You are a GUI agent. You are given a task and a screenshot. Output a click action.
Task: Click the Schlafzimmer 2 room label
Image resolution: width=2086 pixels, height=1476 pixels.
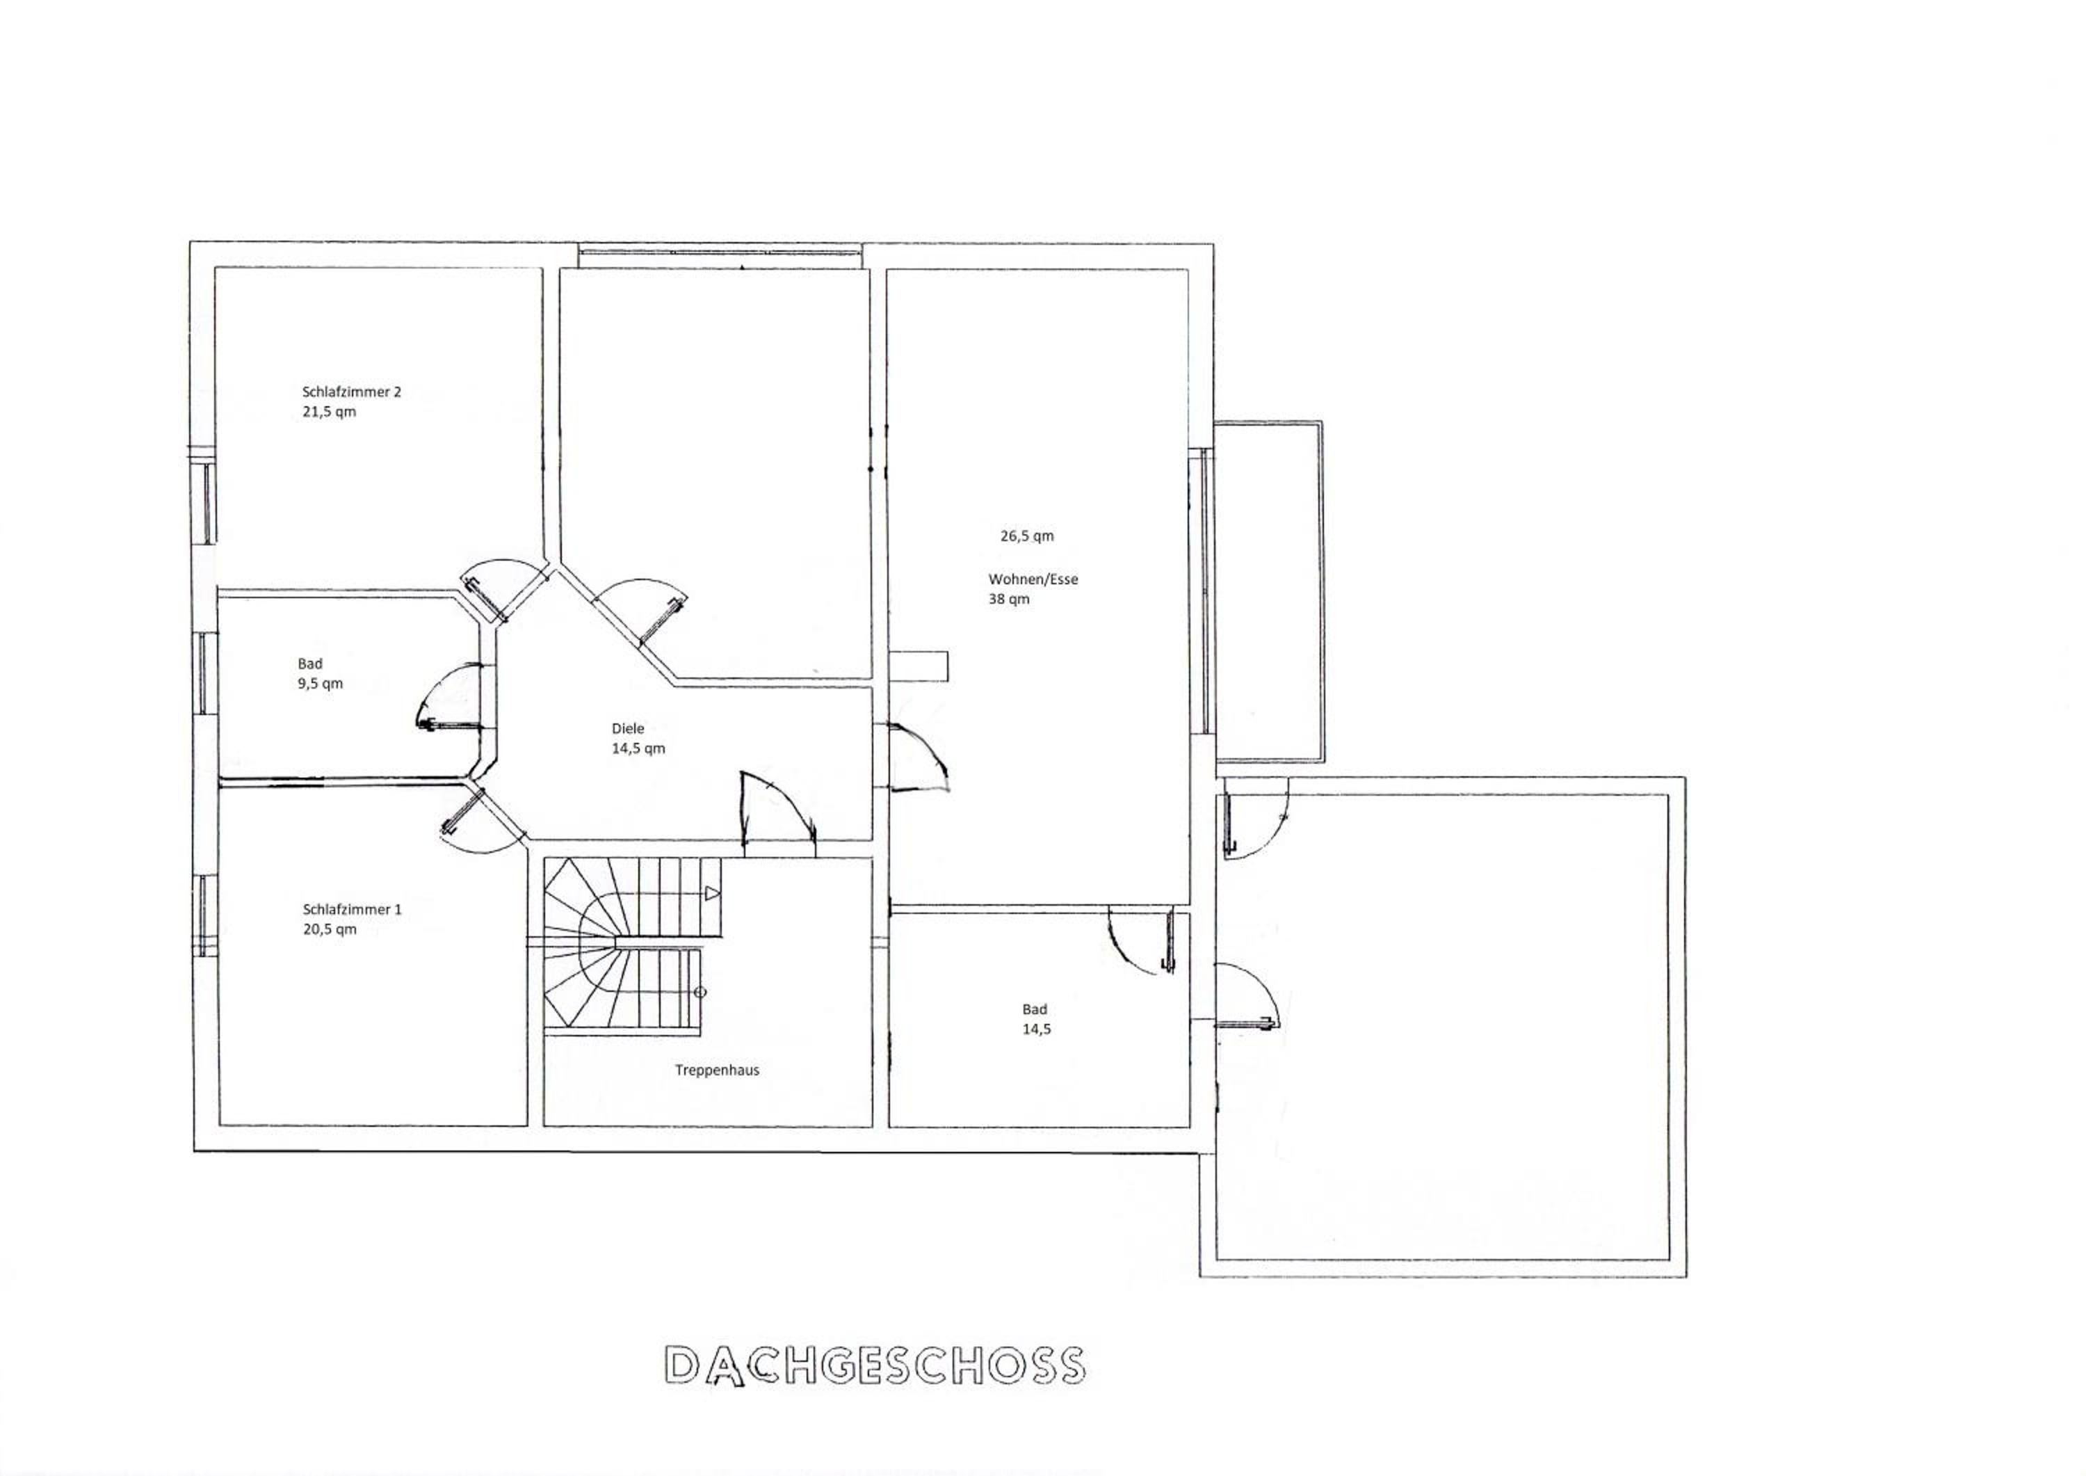tap(352, 392)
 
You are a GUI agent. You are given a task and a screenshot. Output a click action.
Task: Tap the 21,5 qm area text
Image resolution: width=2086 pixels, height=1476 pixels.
tap(329, 412)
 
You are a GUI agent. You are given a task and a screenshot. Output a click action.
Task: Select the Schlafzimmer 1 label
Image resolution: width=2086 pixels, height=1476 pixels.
tap(352, 909)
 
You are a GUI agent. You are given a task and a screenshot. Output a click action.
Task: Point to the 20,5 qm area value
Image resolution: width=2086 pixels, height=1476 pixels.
tap(330, 929)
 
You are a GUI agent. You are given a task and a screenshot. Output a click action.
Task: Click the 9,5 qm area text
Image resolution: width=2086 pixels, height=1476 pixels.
tap(320, 684)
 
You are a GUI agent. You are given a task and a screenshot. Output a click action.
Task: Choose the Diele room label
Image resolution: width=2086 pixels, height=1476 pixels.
tap(628, 728)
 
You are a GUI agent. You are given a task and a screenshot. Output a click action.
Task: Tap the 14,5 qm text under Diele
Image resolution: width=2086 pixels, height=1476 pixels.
tap(639, 748)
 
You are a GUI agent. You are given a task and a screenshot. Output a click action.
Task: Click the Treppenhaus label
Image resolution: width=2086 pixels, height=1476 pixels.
tap(717, 1070)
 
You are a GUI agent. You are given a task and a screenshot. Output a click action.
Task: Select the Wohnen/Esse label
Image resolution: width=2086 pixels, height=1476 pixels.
tap(1033, 579)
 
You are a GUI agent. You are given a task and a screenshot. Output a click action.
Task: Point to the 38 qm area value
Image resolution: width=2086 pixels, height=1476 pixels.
tap(1010, 599)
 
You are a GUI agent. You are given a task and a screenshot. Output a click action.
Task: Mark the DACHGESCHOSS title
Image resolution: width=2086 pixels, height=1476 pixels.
tap(875, 1365)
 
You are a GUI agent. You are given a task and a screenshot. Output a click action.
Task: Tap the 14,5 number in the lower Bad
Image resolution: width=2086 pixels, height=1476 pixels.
tap(1037, 1029)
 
